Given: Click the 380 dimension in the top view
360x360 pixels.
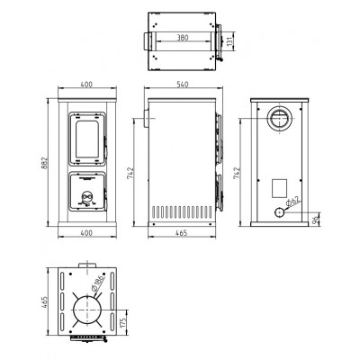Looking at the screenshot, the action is click(x=183, y=38).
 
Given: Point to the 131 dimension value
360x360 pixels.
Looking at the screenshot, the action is click(x=229, y=41).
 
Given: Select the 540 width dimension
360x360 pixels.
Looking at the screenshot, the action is click(x=183, y=85).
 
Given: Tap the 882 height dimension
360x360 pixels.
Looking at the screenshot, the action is click(x=44, y=163).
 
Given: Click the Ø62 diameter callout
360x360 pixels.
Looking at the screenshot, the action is click(x=292, y=202).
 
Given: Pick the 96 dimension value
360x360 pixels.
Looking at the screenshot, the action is click(x=315, y=220).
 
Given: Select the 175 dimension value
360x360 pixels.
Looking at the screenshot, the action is click(x=122, y=323).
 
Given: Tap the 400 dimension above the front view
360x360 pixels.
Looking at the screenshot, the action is click(x=86, y=85).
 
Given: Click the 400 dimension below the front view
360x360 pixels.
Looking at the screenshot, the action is click(x=86, y=232).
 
